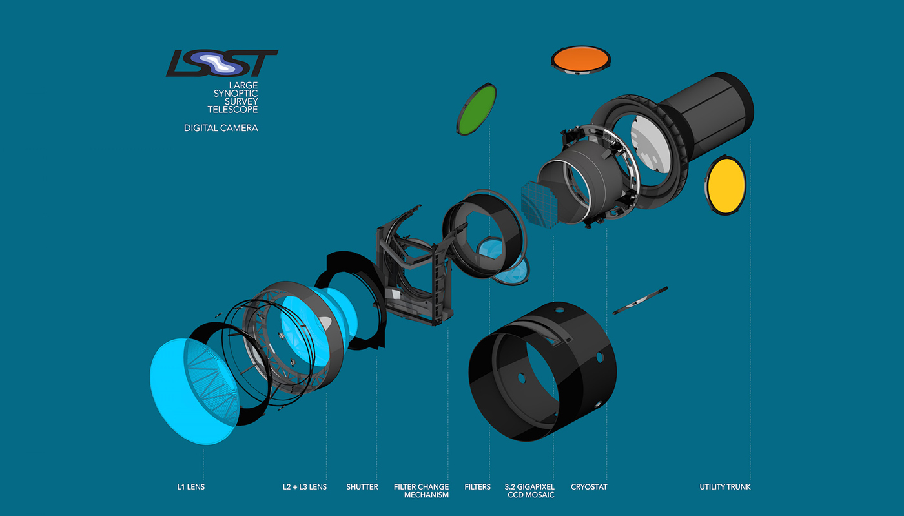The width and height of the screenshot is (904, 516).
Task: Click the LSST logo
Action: tap(221, 63)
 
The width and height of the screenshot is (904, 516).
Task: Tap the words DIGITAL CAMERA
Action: tap(221, 128)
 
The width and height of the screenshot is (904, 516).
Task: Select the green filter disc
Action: tap(477, 109)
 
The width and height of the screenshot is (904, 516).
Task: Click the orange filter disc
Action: tap(580, 59)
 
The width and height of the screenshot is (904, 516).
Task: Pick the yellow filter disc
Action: tap(726, 185)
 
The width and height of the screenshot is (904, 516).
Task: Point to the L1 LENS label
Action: tap(191, 486)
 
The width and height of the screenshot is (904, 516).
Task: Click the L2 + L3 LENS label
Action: tap(305, 486)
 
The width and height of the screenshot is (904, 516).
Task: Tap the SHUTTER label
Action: tap(362, 486)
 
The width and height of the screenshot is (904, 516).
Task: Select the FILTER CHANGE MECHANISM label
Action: tap(421, 491)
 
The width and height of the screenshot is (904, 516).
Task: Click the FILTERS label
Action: tap(478, 486)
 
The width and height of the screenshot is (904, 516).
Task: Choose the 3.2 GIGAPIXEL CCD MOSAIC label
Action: tap(530, 491)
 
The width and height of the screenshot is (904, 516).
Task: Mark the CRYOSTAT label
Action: tap(589, 486)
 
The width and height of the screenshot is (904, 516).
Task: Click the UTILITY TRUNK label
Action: tap(725, 486)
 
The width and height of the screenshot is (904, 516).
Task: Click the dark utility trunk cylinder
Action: tap(707, 110)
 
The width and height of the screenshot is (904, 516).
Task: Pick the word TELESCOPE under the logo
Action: tap(232, 110)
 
